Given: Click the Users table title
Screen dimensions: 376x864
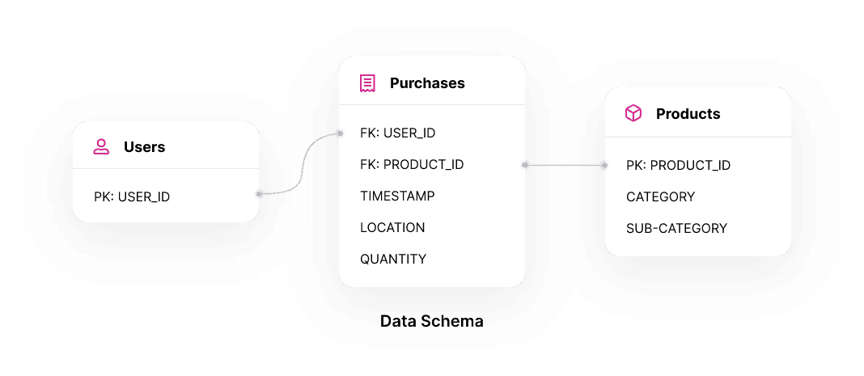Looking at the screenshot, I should (x=144, y=147).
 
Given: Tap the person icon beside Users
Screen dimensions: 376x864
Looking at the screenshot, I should (x=101, y=147).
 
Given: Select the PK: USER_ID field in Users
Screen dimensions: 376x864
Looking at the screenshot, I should (x=132, y=196).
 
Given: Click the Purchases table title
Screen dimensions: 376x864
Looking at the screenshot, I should (x=427, y=83).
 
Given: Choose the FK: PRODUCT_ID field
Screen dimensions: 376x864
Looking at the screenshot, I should (x=412, y=164).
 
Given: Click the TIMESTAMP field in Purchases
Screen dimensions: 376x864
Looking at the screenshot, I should (x=397, y=196).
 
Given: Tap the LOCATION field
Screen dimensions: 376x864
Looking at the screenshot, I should (x=392, y=227).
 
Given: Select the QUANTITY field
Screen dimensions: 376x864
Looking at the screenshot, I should (x=393, y=259).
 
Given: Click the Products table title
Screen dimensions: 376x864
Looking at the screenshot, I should (x=688, y=114).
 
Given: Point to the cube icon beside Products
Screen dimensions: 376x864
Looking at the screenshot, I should (x=633, y=114).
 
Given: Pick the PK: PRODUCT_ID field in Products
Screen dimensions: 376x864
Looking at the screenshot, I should (x=678, y=165).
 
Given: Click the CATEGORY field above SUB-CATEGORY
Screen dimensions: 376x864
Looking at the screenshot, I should (x=660, y=196).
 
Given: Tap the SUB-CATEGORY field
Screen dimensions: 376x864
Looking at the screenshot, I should (x=676, y=228).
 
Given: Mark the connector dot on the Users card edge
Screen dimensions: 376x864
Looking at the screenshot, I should (x=259, y=194).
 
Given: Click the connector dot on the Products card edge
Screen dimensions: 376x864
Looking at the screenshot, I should (x=604, y=165).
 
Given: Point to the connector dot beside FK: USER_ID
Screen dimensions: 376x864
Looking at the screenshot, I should (x=340, y=133).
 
